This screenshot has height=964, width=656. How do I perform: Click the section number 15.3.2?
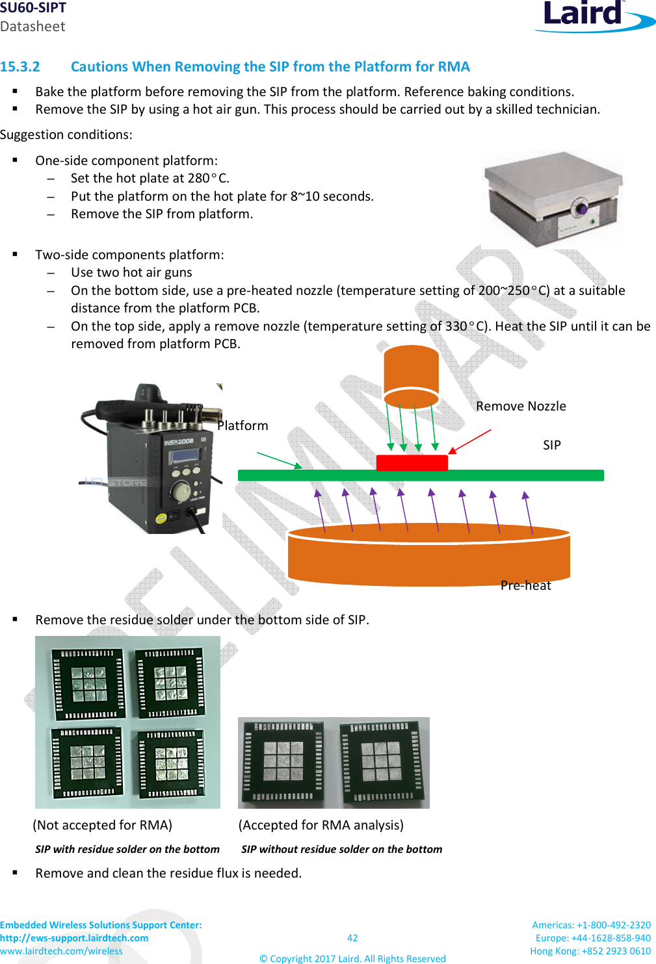tap(20, 67)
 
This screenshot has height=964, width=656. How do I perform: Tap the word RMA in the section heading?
tap(454, 67)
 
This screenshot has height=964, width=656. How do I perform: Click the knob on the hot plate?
tap(579, 209)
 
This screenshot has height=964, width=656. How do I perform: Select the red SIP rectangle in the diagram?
tap(412, 463)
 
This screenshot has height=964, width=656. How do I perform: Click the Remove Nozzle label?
tap(521, 407)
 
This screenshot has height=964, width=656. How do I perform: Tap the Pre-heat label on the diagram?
tap(525, 585)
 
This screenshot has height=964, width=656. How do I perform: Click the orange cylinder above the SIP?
tap(411, 375)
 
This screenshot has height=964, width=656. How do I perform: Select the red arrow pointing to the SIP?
tap(469, 441)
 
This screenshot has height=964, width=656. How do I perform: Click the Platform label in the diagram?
tap(243, 426)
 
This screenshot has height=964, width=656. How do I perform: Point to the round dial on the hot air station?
tap(181, 491)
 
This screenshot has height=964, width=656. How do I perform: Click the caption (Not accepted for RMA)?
tap(103, 825)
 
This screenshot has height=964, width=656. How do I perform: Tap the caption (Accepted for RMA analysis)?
tap(321, 825)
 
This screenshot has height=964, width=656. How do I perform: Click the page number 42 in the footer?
tap(352, 938)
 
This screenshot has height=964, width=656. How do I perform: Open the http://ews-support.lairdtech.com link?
tap(74, 938)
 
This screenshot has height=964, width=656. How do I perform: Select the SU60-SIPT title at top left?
tap(33, 8)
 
